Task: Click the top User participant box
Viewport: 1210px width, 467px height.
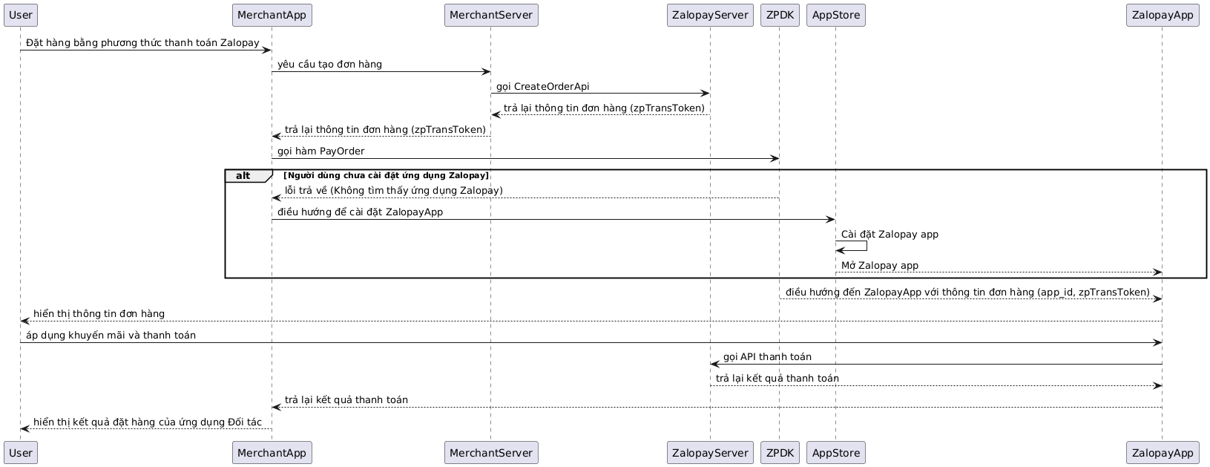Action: [x=21, y=15]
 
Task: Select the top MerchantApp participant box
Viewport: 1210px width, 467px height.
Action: [x=272, y=15]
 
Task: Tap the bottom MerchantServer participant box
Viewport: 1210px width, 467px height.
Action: [x=491, y=452]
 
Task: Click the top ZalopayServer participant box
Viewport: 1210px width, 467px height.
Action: [x=710, y=15]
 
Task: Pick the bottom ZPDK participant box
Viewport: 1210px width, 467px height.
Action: [x=780, y=452]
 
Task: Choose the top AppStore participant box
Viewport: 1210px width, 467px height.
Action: [x=835, y=15]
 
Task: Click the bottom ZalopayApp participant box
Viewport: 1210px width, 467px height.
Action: [x=1163, y=452]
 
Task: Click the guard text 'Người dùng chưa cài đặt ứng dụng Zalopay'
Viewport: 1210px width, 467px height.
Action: [x=387, y=176]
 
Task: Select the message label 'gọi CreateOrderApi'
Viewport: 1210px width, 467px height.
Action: [x=543, y=86]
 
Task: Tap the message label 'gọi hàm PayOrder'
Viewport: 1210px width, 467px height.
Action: [x=321, y=151]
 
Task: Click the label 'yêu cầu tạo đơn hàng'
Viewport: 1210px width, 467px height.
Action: [x=329, y=65]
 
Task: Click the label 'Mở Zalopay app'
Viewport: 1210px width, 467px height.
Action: [x=879, y=265]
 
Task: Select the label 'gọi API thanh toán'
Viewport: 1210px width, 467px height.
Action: [x=767, y=356]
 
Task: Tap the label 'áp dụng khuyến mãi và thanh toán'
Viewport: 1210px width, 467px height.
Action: [x=111, y=335]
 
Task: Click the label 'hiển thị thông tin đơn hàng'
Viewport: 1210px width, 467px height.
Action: [x=99, y=313]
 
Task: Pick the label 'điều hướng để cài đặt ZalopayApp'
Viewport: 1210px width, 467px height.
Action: [x=361, y=212]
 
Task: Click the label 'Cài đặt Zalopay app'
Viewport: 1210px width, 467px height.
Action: [x=890, y=234]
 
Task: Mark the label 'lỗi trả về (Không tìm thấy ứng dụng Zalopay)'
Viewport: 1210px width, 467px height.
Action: [x=394, y=190]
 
